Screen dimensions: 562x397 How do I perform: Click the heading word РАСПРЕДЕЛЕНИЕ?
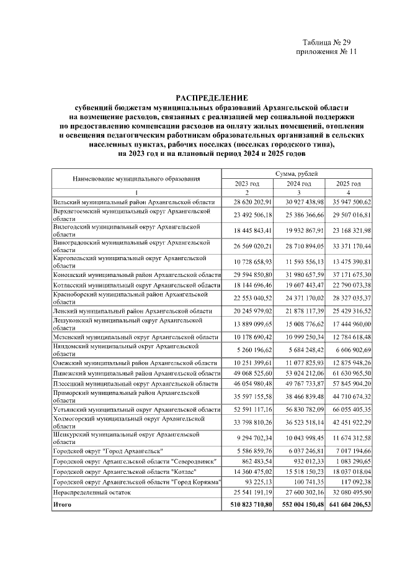212,97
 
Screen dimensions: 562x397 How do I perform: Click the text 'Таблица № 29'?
327,42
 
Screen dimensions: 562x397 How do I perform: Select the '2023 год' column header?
247,184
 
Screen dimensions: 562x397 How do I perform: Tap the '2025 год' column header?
348,184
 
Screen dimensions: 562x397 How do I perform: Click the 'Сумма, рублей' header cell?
298,175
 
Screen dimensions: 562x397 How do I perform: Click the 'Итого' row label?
62,505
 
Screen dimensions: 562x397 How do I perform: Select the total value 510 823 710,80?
247,505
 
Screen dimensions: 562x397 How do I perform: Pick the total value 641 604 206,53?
348,505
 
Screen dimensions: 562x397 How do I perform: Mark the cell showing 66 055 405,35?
349,409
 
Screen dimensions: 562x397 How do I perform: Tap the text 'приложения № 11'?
328,52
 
